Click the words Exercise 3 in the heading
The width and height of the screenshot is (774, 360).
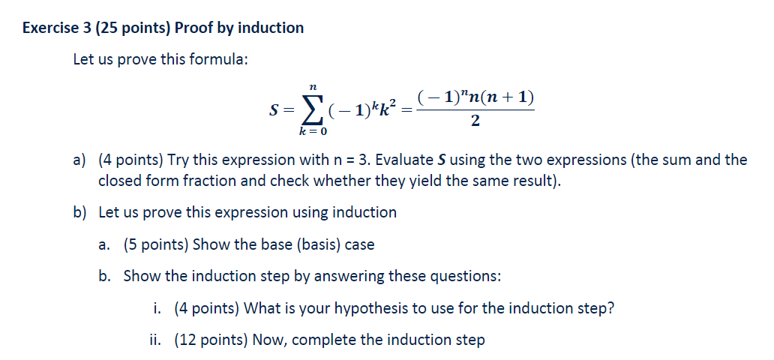click(54, 28)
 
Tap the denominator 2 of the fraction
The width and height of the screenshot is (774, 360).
click(475, 121)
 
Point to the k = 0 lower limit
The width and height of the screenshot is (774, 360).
click(311, 131)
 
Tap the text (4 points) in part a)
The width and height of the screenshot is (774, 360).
click(130, 160)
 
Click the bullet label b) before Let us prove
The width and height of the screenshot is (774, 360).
click(80, 212)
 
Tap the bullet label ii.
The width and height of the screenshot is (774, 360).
click(155, 340)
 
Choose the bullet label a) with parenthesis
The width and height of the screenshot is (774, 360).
click(80, 160)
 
